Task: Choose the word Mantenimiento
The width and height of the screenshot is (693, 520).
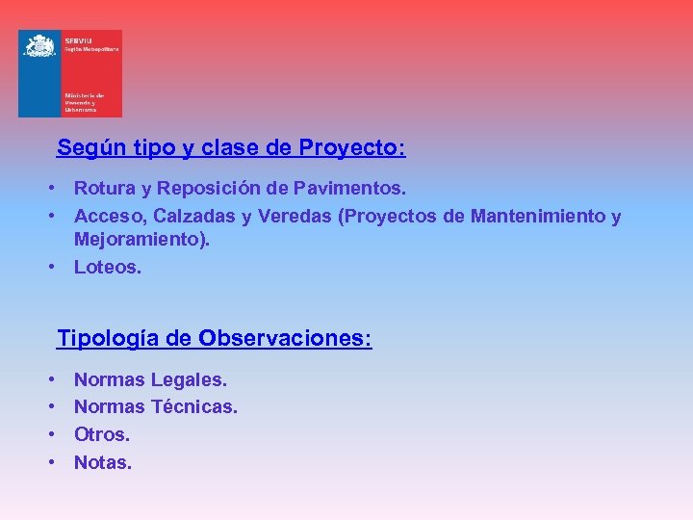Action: tap(538, 217)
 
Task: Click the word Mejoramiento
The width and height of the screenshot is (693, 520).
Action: tap(141, 240)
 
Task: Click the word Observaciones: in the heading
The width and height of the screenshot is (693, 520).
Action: tap(285, 339)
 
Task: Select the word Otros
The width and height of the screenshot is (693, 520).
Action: tap(102, 434)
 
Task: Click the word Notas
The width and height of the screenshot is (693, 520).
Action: tap(103, 462)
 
